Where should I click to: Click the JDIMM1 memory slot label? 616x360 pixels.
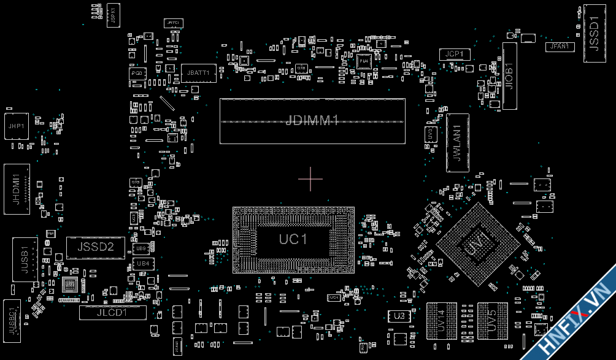pos(312,121)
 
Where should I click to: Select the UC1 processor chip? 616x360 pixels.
pos(293,239)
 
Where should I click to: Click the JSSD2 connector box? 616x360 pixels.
pos(95,247)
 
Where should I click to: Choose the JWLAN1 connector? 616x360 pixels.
pos(457,142)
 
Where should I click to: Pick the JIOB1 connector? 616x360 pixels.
pos(510,76)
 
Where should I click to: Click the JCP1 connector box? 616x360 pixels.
pos(455,55)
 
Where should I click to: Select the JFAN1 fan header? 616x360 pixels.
pos(560,47)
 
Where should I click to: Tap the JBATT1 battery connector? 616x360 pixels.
pos(199,73)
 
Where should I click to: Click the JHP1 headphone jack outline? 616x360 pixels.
pos(16,126)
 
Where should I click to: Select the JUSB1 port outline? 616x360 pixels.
pos(25,258)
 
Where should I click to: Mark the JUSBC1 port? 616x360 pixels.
pos(12,320)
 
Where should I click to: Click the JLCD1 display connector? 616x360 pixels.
pos(113,312)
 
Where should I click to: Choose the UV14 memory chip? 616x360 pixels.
pos(439,320)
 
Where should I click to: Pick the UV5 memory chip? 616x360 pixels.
pos(492,320)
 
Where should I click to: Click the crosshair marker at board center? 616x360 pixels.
pos(310,178)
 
